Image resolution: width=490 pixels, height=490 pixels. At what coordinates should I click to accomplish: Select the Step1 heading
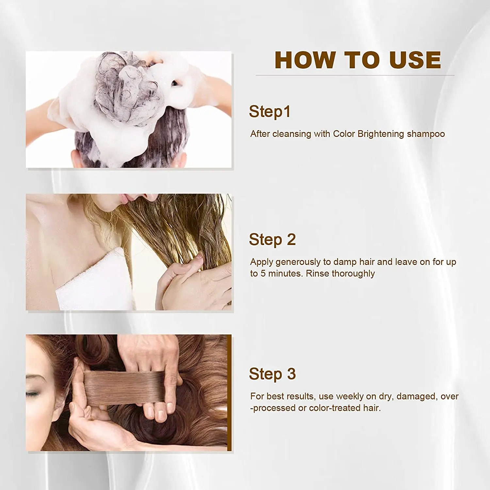tap(269, 112)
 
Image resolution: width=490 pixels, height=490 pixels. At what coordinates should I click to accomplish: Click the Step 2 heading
tap(272, 240)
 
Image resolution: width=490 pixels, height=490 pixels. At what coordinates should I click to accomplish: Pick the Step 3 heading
tap(272, 374)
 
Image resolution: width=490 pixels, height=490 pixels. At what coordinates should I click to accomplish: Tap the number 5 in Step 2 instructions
tap(263, 273)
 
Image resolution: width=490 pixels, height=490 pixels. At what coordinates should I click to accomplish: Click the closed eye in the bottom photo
tap(33, 394)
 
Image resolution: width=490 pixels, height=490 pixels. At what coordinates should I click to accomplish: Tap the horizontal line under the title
tap(355, 75)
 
